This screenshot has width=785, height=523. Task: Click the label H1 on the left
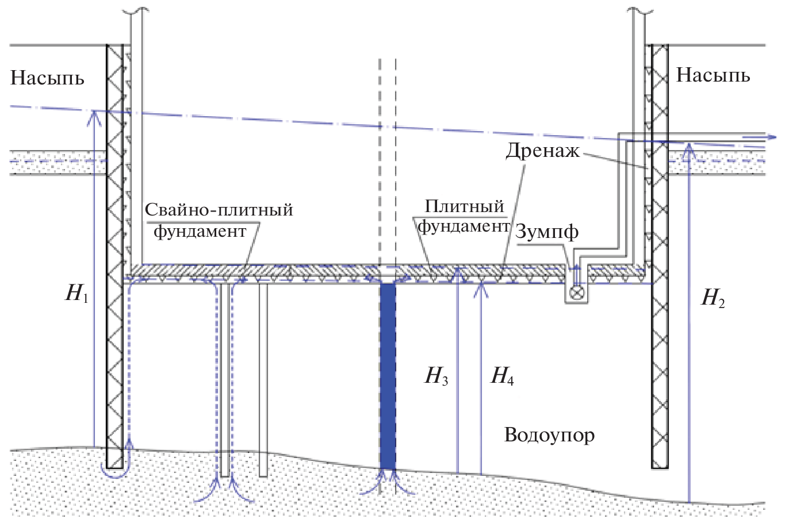77,294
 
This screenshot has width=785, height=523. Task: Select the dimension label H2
713,298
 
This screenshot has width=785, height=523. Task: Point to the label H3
436,376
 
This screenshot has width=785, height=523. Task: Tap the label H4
502,376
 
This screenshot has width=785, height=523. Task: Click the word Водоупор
549,435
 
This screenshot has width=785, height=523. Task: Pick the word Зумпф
547,232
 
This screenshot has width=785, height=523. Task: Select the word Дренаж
542,151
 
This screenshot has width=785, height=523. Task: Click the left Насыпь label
47,78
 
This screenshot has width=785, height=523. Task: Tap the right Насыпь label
713,75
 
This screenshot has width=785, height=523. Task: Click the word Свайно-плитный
219,209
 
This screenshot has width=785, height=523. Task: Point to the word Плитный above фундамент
464,206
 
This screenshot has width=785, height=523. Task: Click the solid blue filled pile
388,376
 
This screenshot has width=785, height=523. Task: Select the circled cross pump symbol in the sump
576,294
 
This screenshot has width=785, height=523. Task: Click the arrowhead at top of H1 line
93,115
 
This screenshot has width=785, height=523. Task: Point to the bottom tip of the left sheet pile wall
114,467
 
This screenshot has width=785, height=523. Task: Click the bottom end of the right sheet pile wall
659,467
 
